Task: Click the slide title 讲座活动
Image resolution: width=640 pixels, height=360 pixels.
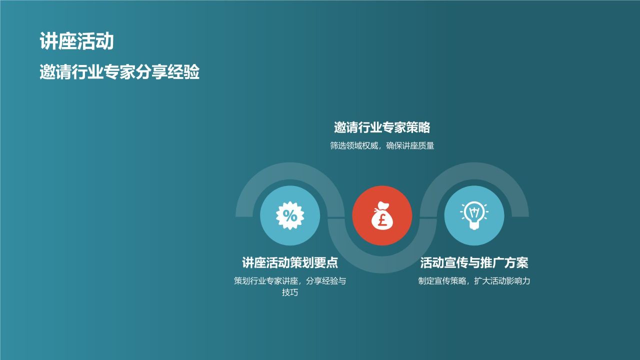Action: point(76,42)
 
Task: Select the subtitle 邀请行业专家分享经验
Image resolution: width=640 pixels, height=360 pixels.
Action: point(119,72)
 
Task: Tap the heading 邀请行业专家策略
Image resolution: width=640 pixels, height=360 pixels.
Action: point(382,128)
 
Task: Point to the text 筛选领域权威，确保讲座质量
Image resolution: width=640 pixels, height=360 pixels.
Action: point(382,146)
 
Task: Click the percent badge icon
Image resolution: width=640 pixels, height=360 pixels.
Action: point(290,215)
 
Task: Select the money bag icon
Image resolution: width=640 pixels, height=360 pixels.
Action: point(382,216)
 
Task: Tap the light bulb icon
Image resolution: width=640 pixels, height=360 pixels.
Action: point(474,215)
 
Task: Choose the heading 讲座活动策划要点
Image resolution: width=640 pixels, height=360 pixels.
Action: point(290,263)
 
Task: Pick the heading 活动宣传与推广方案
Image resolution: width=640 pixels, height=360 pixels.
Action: point(474,263)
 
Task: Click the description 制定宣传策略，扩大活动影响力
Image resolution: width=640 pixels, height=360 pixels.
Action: point(474,281)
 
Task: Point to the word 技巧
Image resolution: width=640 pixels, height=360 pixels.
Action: point(290,292)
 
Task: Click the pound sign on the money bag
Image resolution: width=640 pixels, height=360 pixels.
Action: point(382,220)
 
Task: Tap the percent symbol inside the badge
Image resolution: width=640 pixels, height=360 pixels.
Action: point(290,215)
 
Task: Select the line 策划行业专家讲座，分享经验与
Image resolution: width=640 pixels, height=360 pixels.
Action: point(290,281)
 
